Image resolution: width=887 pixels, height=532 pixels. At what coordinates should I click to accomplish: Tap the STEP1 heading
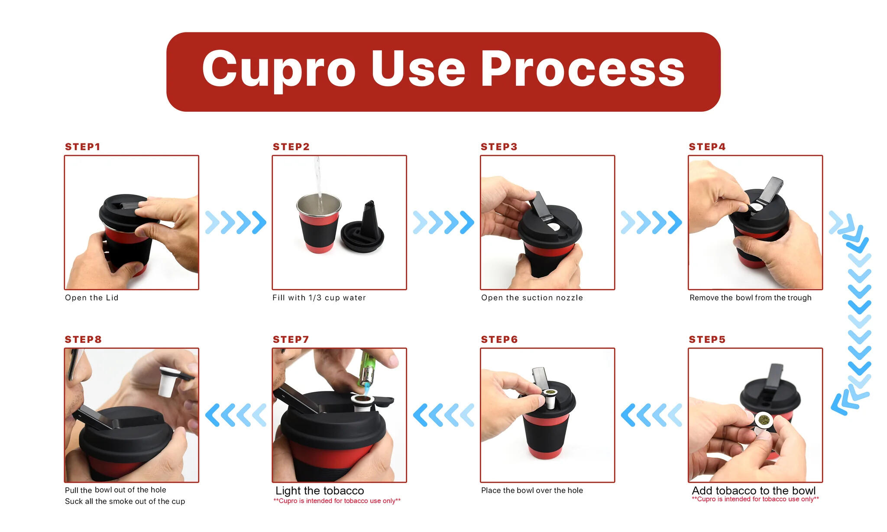tap(82, 147)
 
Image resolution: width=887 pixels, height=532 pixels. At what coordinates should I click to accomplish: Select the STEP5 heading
tap(707, 339)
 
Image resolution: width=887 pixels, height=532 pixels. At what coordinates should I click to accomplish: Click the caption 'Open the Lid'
tap(91, 298)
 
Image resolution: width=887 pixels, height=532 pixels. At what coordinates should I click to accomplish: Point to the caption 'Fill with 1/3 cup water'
tap(319, 298)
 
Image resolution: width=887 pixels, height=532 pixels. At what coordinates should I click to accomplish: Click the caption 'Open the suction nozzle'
tap(532, 298)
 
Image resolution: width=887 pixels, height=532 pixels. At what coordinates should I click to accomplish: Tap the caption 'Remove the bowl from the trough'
tap(750, 298)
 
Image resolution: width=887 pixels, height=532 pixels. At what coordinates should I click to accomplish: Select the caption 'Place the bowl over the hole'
tap(532, 490)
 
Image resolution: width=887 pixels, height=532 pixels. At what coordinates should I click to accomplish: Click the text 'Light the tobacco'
tap(320, 490)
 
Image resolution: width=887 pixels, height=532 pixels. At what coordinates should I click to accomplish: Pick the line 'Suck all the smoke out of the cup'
tap(125, 501)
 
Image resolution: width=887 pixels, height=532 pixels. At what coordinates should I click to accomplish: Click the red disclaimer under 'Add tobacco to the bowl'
tap(755, 499)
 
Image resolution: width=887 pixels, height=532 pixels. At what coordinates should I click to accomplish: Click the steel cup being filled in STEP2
tap(318, 225)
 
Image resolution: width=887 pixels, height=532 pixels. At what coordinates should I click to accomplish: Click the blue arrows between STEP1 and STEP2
tap(235, 222)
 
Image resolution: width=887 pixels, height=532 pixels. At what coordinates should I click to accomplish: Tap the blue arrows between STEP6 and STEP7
tap(443, 415)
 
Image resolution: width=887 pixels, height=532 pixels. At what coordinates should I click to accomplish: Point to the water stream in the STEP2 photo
tap(318, 182)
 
